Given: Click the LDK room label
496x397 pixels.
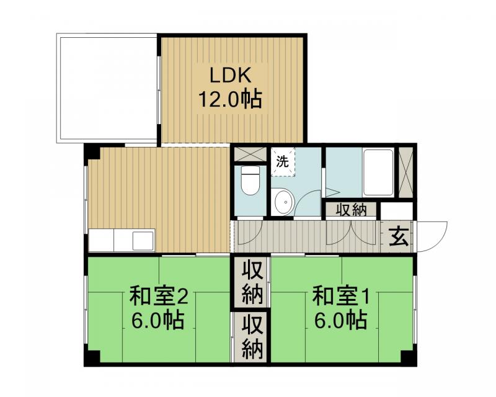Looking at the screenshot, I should (229, 76).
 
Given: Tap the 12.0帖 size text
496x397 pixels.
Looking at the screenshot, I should (229, 99).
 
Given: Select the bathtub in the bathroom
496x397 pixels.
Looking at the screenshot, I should (378, 172).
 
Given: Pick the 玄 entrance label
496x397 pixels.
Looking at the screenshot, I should (398, 237).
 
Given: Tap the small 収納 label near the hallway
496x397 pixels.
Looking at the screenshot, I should (351, 210).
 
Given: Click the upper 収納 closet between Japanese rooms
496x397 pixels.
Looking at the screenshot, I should (250, 282).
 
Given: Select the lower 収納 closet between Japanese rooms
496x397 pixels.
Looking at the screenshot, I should (250, 337).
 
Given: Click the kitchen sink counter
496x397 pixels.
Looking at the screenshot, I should (122, 239).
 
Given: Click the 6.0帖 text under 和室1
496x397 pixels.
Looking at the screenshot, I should (339, 321).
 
